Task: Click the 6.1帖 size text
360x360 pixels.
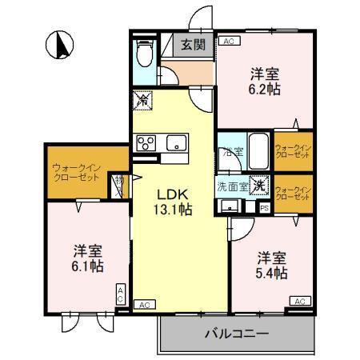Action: tap(85, 265)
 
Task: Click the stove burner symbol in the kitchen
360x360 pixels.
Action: tap(147, 143)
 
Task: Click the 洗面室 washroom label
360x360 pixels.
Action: tap(232, 186)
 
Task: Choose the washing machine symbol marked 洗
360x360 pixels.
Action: tap(258, 184)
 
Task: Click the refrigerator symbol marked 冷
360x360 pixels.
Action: tap(142, 102)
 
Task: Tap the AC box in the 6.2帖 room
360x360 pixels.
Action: tap(228, 41)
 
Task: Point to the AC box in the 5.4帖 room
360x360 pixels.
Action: tap(299, 300)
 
